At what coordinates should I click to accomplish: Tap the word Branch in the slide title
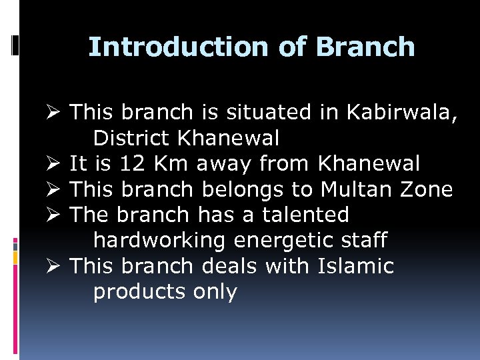point(365,47)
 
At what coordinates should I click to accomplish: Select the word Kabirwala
point(400,113)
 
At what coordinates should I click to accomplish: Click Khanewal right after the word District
point(229,138)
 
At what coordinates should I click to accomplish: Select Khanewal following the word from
point(369,163)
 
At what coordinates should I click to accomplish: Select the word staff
point(365,240)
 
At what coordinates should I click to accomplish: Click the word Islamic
point(355,266)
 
